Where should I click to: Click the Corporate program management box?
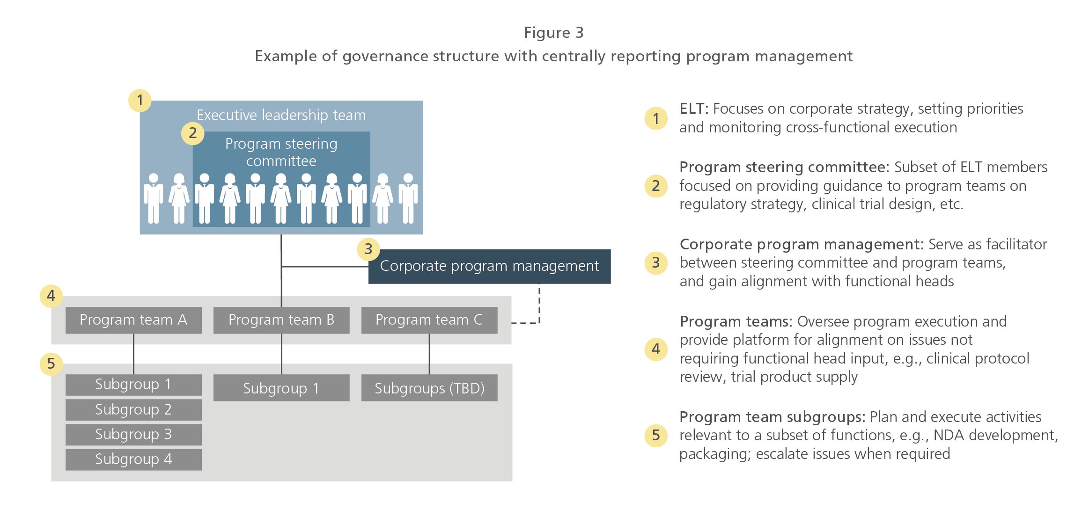click(x=489, y=266)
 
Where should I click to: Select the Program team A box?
click(x=133, y=320)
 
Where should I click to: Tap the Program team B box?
click(x=281, y=320)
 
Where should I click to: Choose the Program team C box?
click(x=429, y=320)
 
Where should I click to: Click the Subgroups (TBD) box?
click(x=429, y=388)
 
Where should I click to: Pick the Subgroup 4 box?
click(x=133, y=459)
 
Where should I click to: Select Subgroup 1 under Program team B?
click(x=281, y=388)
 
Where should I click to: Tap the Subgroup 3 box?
click(x=133, y=435)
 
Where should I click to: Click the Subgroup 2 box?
click(x=133, y=410)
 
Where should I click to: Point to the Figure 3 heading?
click(x=553, y=33)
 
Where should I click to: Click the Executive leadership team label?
click(x=281, y=115)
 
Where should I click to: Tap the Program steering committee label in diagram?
click(x=281, y=152)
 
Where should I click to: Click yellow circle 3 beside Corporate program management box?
click(x=368, y=249)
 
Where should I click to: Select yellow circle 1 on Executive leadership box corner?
click(x=140, y=101)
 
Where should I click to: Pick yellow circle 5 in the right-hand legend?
click(x=656, y=436)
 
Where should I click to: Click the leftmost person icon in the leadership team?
click(x=154, y=198)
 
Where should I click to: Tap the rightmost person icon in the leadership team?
click(x=408, y=198)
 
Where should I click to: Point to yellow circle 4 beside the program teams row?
click(x=51, y=296)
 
